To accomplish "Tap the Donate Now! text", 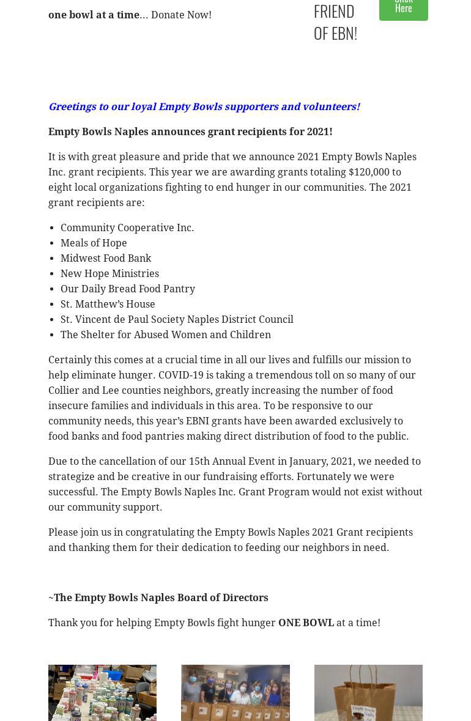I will pyautogui.click(x=181, y=15).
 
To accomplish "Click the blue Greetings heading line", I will pyautogui.click(x=204, y=106).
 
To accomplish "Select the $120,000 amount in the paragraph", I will pyautogui.click(x=368, y=172).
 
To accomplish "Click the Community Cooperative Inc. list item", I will pyautogui.click(x=127, y=227).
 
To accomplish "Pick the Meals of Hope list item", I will pyautogui.click(x=94, y=243).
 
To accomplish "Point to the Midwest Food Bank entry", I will pyautogui.click(x=106, y=258).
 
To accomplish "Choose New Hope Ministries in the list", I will pyautogui.click(x=109, y=273).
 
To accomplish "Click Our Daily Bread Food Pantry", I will pyautogui.click(x=128, y=289).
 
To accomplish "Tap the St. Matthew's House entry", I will pyautogui.click(x=108, y=304).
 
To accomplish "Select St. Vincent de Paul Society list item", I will pyautogui.click(x=177, y=319).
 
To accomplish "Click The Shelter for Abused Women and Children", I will pyautogui.click(x=166, y=335).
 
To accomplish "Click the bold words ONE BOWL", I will pyautogui.click(x=306, y=623).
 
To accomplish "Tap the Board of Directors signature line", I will pyautogui.click(x=160, y=597).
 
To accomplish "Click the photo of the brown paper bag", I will pyautogui.click(x=368, y=693).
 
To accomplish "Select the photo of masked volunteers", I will pyautogui.click(x=236, y=693).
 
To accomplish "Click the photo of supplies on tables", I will pyautogui.click(x=102, y=693).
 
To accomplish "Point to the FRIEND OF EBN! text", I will pyautogui.click(x=335, y=22).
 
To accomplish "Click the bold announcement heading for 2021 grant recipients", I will pyautogui.click(x=190, y=131).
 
